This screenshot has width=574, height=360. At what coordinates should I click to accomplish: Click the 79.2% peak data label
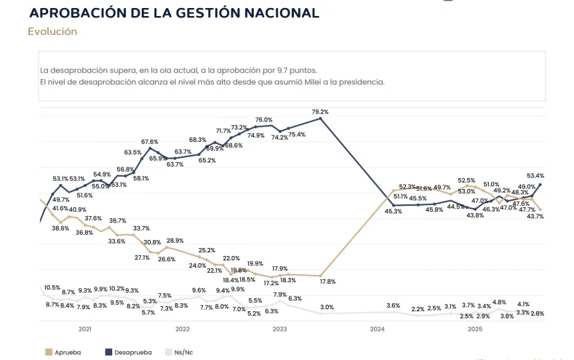click(x=320, y=112)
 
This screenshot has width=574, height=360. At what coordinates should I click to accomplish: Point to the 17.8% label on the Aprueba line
click(x=327, y=281)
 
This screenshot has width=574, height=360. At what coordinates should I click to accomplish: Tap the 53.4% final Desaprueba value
click(x=535, y=175)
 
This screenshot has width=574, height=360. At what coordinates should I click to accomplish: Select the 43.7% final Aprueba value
click(x=535, y=216)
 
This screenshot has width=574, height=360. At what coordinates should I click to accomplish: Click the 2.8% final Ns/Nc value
click(x=537, y=313)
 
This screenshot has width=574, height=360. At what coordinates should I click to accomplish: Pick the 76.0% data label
click(x=263, y=120)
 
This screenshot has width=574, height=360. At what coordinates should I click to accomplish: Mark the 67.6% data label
click(x=150, y=141)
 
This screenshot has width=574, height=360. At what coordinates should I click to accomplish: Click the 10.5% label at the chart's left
click(x=52, y=287)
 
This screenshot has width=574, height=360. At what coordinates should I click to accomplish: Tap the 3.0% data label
click(x=327, y=307)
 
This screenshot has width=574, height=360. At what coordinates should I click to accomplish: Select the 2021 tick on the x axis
click(x=85, y=329)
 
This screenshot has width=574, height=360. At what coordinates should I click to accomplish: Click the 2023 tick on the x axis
click(x=279, y=329)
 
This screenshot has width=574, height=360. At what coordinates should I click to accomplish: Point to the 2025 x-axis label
click(x=474, y=329)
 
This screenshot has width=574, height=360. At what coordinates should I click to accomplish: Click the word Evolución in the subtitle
click(x=52, y=31)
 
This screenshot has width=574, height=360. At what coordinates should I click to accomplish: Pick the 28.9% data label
click(x=175, y=241)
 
